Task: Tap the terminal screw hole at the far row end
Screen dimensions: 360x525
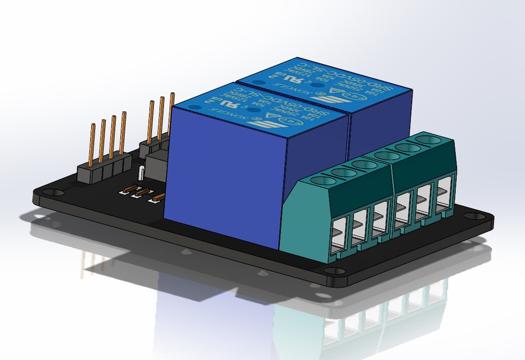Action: [429, 138]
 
